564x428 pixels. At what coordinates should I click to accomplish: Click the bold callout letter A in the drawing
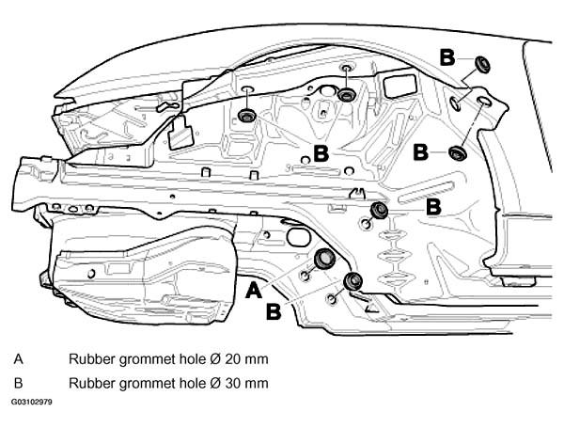(254, 290)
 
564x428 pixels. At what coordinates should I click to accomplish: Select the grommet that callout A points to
(324, 259)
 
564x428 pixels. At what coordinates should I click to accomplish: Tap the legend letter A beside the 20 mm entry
(19, 359)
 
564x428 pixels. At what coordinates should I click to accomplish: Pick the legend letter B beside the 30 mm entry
(19, 383)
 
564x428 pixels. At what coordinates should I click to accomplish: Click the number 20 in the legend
(231, 359)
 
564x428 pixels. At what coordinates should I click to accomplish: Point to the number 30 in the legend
(231, 383)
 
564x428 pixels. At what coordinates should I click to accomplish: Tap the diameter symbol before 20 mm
(215, 359)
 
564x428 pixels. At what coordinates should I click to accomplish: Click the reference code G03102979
(31, 402)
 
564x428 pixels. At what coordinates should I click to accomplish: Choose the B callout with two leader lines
(321, 153)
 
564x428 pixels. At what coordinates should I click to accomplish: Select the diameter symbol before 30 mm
(215, 383)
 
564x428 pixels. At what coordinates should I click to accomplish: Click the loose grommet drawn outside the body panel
(482, 64)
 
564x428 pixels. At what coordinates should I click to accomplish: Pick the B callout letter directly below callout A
(274, 311)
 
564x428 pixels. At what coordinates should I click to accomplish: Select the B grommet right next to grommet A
(352, 281)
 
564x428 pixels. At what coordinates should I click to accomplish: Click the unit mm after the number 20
(255, 360)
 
